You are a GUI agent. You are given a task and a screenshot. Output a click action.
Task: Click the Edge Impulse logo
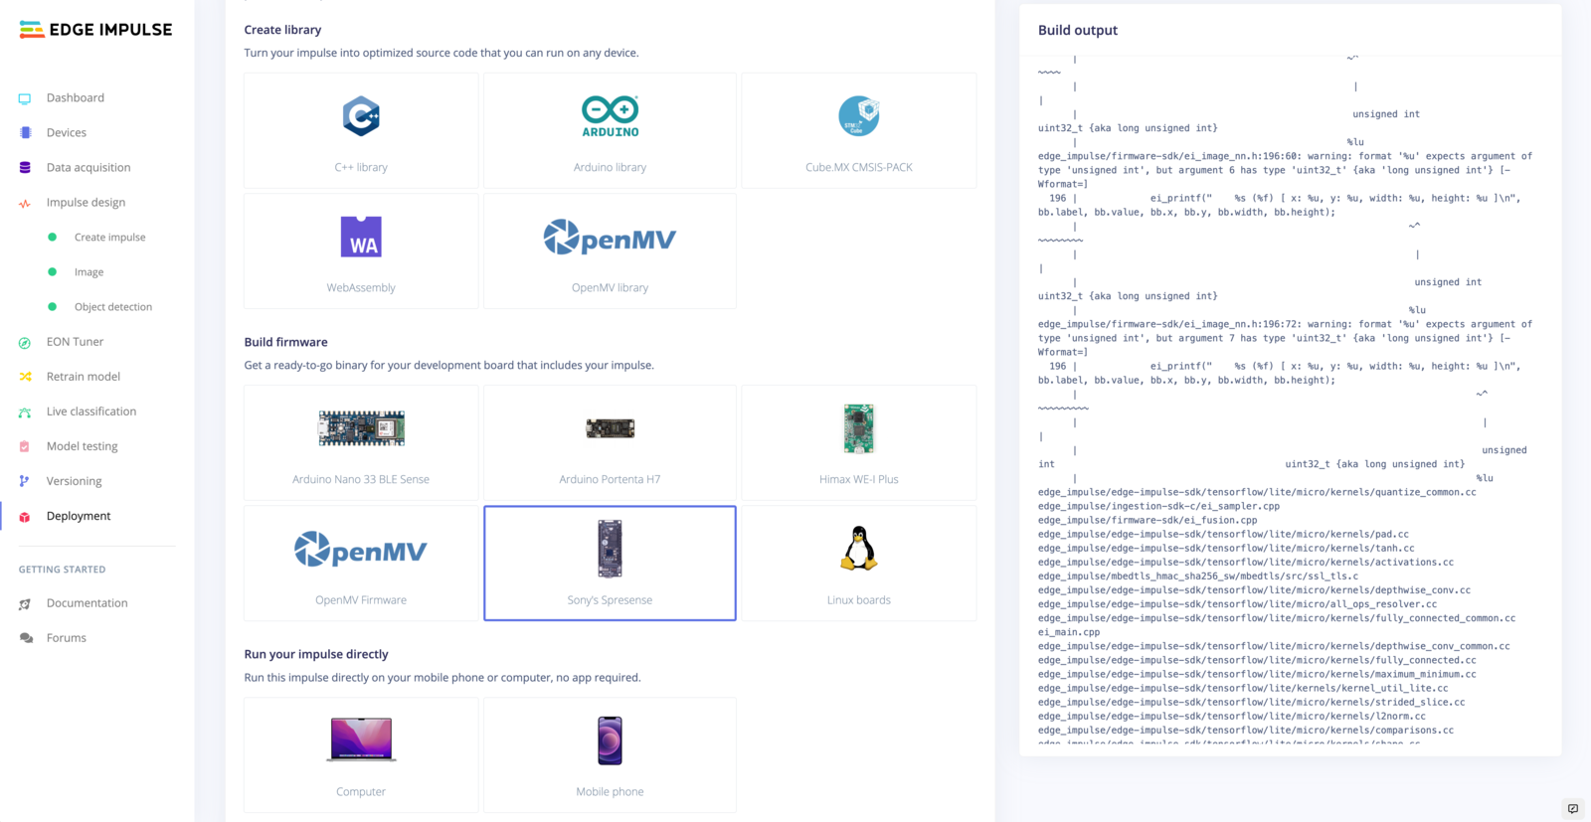pyautogui.click(x=95, y=30)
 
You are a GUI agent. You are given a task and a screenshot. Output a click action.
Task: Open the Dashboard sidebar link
pyautogui.click(x=75, y=97)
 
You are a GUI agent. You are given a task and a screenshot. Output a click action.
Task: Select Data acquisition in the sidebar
pyautogui.click(x=88, y=167)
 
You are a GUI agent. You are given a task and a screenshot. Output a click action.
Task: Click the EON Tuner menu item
pyautogui.click(x=75, y=342)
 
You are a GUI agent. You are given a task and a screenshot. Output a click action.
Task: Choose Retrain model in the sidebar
pyautogui.click(x=83, y=377)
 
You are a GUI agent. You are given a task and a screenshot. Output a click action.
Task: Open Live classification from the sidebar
pyautogui.click(x=90, y=411)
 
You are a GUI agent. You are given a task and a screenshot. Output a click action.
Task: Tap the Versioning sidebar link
pyautogui.click(x=74, y=481)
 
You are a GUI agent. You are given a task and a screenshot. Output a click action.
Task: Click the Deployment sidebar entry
pyautogui.click(x=78, y=516)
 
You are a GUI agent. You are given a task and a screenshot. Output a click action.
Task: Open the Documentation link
pyautogui.click(x=87, y=603)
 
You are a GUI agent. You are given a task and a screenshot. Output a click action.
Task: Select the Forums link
pyautogui.click(x=66, y=638)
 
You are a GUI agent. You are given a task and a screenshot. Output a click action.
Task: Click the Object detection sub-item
pyautogui.click(x=112, y=307)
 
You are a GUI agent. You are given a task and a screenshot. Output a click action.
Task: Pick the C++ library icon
pyautogui.click(x=361, y=116)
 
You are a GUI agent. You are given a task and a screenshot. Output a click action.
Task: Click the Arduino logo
pyautogui.click(x=610, y=116)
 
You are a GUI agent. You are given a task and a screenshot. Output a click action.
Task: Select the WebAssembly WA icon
pyautogui.click(x=361, y=237)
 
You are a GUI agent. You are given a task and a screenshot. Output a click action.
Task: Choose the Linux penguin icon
pyautogui.click(x=858, y=548)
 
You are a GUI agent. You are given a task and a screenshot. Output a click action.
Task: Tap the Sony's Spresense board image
pyautogui.click(x=610, y=548)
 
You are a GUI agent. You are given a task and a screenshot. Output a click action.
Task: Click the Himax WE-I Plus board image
pyautogui.click(x=858, y=428)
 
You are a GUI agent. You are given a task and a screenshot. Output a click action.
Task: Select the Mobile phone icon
pyautogui.click(x=610, y=740)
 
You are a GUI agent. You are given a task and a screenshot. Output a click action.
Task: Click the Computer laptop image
pyautogui.click(x=361, y=740)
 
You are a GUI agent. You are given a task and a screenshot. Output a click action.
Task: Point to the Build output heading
pyautogui.click(x=1077, y=31)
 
